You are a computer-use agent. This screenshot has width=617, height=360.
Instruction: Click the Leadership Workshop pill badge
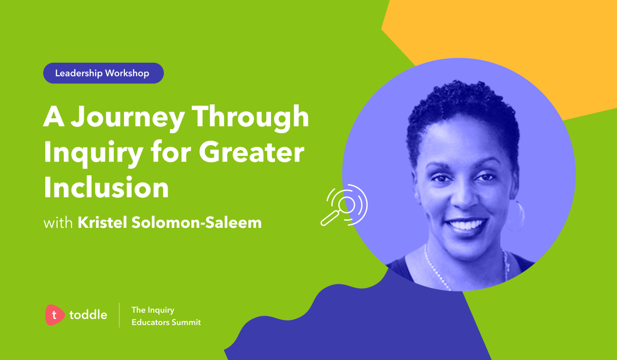tap(103, 73)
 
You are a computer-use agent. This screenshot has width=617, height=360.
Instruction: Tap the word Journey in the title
tap(128, 118)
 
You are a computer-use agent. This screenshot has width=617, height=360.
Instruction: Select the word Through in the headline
tap(250, 117)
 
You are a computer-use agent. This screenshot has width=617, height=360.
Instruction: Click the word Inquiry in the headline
tap(94, 153)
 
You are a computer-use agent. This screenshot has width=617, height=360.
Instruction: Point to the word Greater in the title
tap(251, 152)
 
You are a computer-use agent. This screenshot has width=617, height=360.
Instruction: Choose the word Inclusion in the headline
tap(106, 187)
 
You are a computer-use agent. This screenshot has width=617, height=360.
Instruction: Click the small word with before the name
tap(58, 223)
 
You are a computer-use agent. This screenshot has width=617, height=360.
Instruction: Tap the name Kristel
tap(102, 223)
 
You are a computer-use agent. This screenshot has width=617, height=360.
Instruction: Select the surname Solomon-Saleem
tap(196, 223)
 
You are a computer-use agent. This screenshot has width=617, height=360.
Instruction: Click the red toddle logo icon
tap(55, 315)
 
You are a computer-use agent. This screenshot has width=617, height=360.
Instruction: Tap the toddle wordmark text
tap(88, 315)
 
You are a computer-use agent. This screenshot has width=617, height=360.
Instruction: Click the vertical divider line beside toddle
tap(119, 315)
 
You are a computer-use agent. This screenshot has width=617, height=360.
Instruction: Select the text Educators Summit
tap(166, 322)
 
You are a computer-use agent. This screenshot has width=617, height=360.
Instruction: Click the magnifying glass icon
tap(344, 205)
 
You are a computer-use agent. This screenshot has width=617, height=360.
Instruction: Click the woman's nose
tap(464, 199)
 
